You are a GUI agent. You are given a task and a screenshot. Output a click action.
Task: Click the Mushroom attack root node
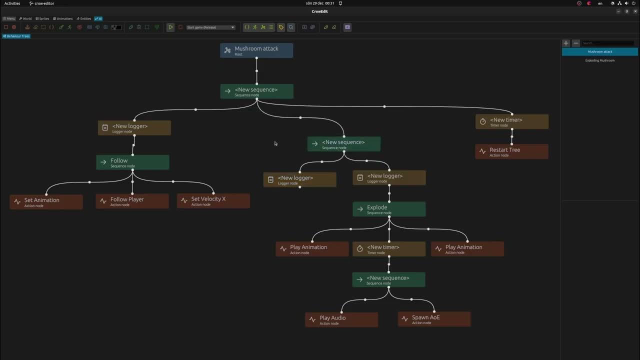pyautogui.click(x=256, y=50)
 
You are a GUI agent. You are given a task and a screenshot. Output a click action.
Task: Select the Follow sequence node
pyautogui.click(x=132, y=162)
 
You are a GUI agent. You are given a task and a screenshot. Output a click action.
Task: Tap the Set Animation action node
pyautogui.click(x=46, y=202)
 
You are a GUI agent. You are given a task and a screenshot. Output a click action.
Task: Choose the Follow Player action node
pyautogui.click(x=132, y=201)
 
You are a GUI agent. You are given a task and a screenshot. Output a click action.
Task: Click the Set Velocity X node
pyautogui.click(x=213, y=201)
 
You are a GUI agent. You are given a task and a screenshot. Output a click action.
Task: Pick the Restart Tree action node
pyautogui.click(x=511, y=151)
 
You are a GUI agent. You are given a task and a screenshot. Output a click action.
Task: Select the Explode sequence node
pyautogui.click(x=389, y=209)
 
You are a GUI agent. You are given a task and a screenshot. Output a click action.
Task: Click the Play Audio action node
pyautogui.click(x=341, y=319)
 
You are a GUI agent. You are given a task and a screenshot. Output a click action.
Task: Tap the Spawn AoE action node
pyautogui.click(x=434, y=319)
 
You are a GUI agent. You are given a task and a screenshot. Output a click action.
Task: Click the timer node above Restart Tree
pyautogui.click(x=511, y=121)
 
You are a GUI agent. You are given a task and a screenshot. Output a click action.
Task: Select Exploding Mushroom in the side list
pyautogui.click(x=600, y=60)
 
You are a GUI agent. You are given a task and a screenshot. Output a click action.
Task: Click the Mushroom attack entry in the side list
pyautogui.click(x=600, y=51)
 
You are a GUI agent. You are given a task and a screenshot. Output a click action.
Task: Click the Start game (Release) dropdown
pyautogui.click(x=210, y=27)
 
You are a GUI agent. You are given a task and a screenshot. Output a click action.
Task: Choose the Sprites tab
pyautogui.click(x=42, y=18)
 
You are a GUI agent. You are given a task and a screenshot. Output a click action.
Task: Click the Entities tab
pyautogui.click(x=84, y=18)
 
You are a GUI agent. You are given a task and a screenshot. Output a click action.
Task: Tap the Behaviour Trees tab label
pyautogui.click(x=16, y=36)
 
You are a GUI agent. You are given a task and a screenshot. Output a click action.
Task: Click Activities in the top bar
pyautogui.click(x=12, y=3)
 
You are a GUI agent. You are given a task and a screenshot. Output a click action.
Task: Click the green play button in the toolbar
pyautogui.click(x=170, y=27)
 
